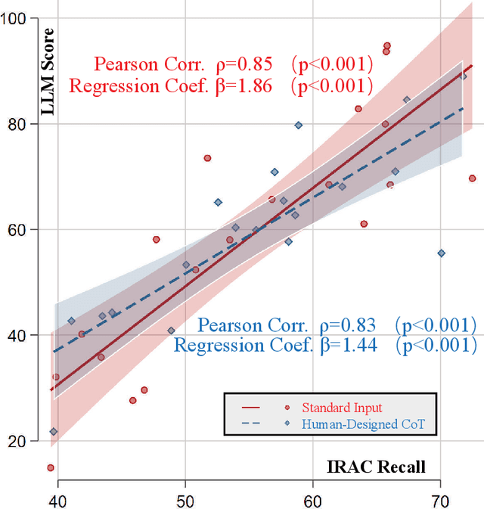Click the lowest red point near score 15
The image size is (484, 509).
pos(51,467)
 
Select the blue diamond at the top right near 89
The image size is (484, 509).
pos(464,76)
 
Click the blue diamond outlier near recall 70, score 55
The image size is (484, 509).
pos(442,253)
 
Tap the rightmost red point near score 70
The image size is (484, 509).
pos(472,178)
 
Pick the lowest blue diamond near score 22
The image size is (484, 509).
pos(54,432)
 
